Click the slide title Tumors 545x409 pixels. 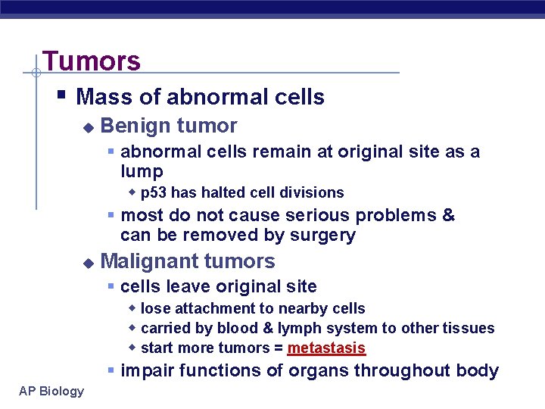pyautogui.click(x=92, y=61)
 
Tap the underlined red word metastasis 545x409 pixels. pyautogui.click(x=326, y=348)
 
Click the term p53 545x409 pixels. pyautogui.click(x=154, y=192)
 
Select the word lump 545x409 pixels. pyautogui.click(x=142, y=171)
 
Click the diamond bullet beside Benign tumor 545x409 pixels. pyautogui.click(x=88, y=127)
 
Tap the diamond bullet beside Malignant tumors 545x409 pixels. pyautogui.click(x=88, y=263)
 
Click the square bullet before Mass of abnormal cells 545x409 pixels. pyautogui.click(x=61, y=95)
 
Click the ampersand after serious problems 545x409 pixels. pyautogui.click(x=448, y=215)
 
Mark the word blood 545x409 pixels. pyautogui.click(x=237, y=328)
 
